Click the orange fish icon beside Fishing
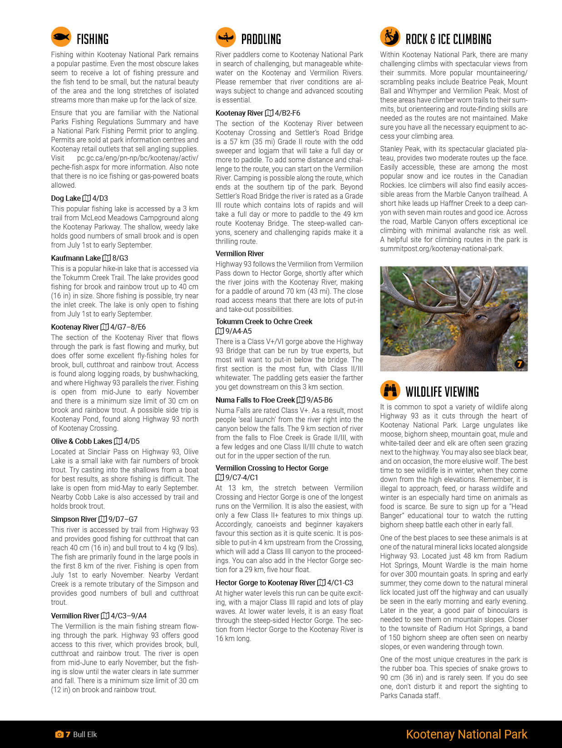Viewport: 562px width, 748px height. [x=61, y=37]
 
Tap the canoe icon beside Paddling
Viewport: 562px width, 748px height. [x=226, y=37]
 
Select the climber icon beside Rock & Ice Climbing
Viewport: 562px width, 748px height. [x=390, y=37]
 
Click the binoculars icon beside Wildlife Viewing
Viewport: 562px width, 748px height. [x=390, y=390]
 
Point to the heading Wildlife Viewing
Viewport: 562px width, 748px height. [x=442, y=392]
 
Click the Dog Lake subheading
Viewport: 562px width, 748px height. [x=65, y=198]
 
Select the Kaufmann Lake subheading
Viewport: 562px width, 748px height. [x=75, y=258]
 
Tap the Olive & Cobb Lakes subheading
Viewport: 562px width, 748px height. [x=81, y=441]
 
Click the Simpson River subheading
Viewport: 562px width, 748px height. [x=74, y=519]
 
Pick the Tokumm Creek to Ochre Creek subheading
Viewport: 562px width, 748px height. [x=264, y=321]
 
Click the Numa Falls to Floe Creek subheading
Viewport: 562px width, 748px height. [x=255, y=400]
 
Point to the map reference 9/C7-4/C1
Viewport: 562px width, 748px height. [x=242, y=477]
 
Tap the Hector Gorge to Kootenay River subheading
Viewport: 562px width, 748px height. [x=265, y=583]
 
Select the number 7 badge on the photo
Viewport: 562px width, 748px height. [x=520, y=364]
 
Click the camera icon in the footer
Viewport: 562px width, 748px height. [x=59, y=734]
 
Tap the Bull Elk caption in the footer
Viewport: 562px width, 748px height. [x=85, y=734]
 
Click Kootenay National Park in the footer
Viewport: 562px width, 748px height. [x=466, y=734]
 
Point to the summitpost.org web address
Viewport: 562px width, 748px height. [x=442, y=248]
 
